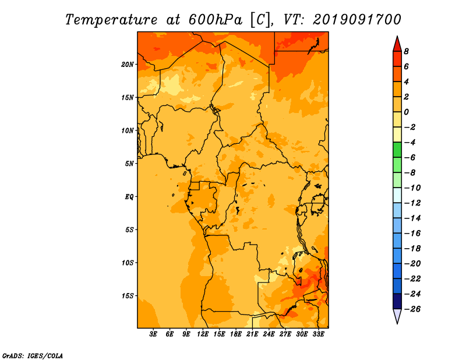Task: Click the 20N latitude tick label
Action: click(x=128, y=65)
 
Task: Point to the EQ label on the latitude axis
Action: click(x=129, y=197)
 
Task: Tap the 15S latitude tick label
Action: click(x=128, y=296)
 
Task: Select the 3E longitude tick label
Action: click(x=153, y=334)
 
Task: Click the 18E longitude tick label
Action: click(x=236, y=334)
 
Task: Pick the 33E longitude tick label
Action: click(x=318, y=334)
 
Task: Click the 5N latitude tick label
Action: click(x=129, y=164)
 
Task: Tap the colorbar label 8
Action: click(x=406, y=51)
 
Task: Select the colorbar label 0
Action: click(x=406, y=112)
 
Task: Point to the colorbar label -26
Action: click(x=412, y=309)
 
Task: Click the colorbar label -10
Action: click(x=412, y=188)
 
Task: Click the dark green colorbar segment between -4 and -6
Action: click(x=397, y=150)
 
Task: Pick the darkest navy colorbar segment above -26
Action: click(x=397, y=301)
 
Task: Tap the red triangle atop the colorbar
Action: click(x=397, y=45)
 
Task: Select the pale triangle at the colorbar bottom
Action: click(x=397, y=316)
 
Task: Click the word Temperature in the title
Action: click(x=111, y=20)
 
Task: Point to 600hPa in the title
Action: click(x=216, y=20)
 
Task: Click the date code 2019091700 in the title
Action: click(x=357, y=20)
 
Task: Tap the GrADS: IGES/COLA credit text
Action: click(x=33, y=356)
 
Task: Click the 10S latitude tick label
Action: click(x=128, y=263)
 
